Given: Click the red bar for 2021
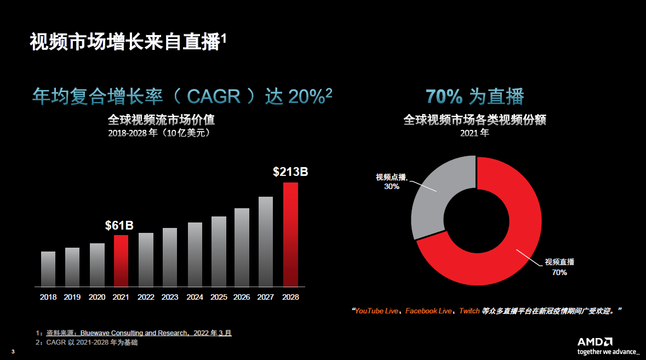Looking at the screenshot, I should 121,261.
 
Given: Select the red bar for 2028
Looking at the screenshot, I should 290,235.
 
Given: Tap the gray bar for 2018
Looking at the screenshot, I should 48,269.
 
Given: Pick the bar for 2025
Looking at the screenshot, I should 219,252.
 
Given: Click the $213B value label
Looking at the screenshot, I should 290,172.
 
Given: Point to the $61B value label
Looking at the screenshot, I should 119,225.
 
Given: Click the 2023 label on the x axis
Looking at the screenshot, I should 170,297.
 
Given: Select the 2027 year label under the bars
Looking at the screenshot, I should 266,297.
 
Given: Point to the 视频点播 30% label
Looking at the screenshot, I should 392,181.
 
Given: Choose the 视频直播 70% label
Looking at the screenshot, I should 559,267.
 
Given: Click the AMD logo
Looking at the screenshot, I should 595,341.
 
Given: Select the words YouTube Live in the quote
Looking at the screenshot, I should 376,311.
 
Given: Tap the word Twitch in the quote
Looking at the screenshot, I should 469,311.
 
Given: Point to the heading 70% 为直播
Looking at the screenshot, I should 475,97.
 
